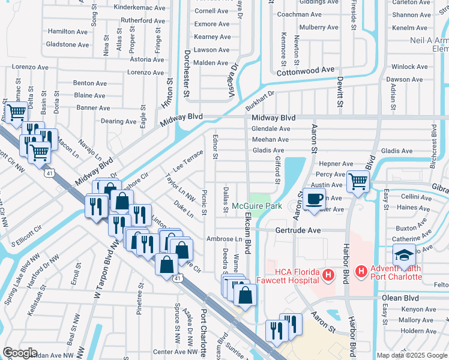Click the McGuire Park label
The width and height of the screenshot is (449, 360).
256,206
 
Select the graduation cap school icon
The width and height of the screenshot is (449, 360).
404,254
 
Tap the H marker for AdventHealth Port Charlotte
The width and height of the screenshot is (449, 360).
361,271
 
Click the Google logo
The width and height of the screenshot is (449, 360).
20,353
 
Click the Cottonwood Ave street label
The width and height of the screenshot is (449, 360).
304,70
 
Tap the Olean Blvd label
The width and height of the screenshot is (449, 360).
399,297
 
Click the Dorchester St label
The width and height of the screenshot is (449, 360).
186,78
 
